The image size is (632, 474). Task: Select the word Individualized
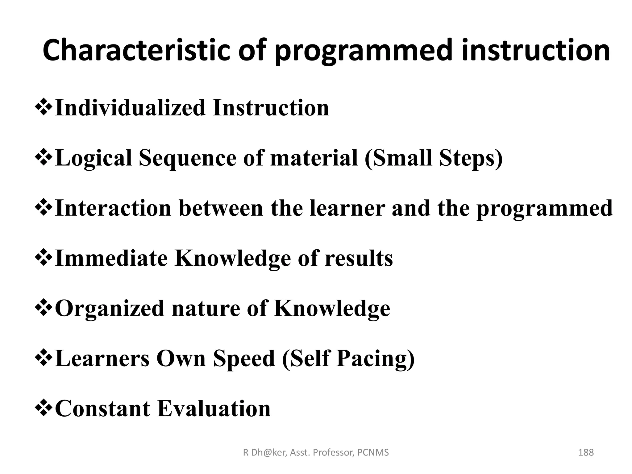130,108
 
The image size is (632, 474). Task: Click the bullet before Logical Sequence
43,158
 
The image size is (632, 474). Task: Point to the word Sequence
187,158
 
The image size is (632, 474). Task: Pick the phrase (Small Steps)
433,158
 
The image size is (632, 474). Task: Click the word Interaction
113,208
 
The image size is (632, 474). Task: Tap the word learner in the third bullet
347,208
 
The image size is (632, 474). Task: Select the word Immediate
111,258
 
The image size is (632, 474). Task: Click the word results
359,258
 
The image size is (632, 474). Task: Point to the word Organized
109,308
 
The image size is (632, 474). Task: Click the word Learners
102,359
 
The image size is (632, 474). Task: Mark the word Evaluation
214,409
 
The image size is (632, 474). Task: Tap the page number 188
586,452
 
